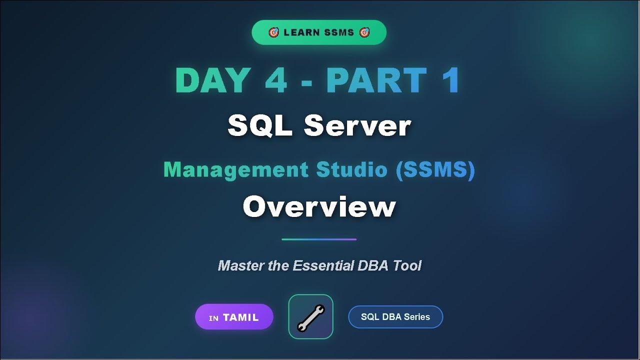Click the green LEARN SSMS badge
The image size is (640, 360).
(319, 32)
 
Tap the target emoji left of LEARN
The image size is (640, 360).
(273, 32)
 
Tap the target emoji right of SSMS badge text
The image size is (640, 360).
(364, 32)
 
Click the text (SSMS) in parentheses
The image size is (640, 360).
(435, 170)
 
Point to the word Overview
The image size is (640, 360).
(319, 206)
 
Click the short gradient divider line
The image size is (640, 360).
(319, 239)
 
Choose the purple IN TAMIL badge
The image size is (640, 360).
(234, 317)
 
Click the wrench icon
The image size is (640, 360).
(310, 317)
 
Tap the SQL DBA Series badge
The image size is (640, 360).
(395, 317)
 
